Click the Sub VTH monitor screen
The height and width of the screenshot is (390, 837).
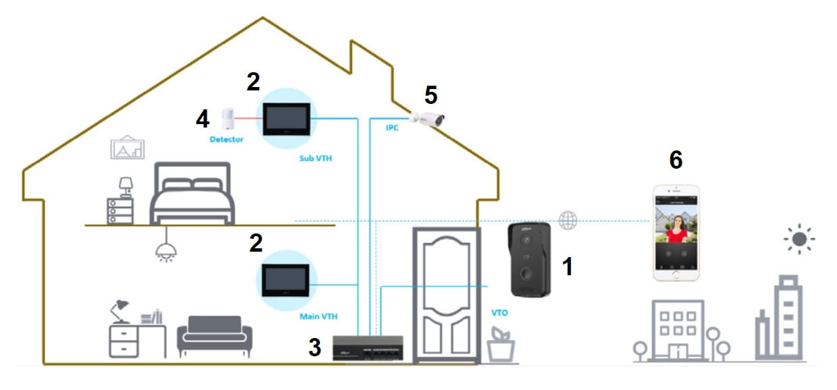[286, 119]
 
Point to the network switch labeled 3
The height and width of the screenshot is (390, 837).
[367, 347]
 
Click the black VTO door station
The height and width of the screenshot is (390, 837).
[531, 260]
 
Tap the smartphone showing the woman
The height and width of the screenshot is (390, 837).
[675, 233]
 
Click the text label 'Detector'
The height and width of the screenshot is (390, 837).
[226, 140]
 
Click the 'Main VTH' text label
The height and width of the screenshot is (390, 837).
[317, 316]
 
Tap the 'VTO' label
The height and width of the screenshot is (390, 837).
[500, 313]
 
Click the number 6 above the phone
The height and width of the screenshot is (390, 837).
[675, 160]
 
